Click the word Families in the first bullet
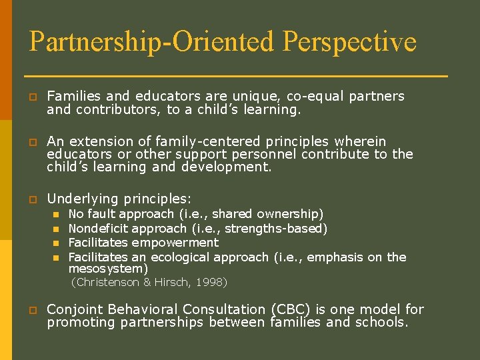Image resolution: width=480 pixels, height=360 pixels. (x=71, y=96)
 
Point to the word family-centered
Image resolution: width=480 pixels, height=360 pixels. (x=207, y=141)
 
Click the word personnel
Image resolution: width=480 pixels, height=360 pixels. (x=265, y=155)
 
